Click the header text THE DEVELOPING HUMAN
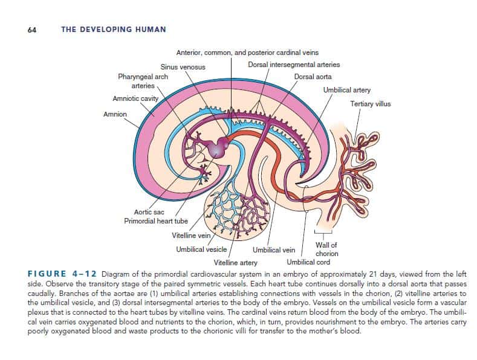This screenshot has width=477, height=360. (x=114, y=29)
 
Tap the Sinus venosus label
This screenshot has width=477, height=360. (x=183, y=66)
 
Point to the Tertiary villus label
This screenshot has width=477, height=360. (x=371, y=104)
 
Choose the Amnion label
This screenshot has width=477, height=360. (x=115, y=114)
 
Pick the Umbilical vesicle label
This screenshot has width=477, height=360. (x=201, y=249)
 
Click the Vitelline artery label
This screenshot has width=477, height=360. (x=236, y=263)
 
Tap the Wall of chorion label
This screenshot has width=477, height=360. (x=327, y=249)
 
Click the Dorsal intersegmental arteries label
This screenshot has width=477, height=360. (x=294, y=65)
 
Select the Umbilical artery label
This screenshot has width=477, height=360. (x=347, y=89)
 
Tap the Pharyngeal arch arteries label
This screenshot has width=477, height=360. (x=143, y=82)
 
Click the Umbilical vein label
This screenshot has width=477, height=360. (x=274, y=249)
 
